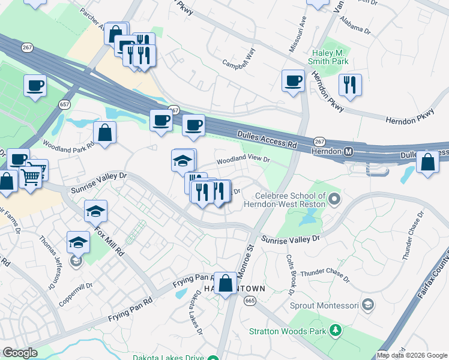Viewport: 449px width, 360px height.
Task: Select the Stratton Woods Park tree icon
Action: pyautogui.click(x=336, y=330)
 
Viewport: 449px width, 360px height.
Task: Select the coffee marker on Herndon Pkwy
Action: pyautogui.click(x=293, y=80)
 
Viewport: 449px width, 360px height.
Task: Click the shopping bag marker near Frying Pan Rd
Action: pyautogui.click(x=226, y=283)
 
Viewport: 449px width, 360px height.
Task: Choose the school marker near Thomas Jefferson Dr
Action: pyautogui.click(x=78, y=242)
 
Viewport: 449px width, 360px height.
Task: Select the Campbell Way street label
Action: pyautogui.click(x=239, y=62)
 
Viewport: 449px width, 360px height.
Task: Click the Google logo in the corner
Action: pyautogui.click(x=20, y=353)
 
